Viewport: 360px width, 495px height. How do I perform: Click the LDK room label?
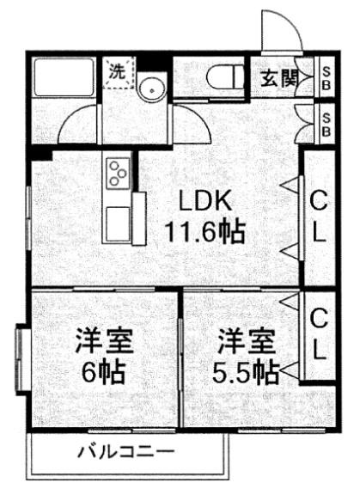205,200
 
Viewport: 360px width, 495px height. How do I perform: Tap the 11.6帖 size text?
205,232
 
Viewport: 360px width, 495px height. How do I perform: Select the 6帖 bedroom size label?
104,371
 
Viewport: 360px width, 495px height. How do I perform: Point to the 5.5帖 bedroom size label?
246,371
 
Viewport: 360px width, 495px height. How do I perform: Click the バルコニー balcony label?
126,452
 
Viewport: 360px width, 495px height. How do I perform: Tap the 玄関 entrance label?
279,77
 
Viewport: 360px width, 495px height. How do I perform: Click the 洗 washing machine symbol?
118,72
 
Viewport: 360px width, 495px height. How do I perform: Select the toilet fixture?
225,77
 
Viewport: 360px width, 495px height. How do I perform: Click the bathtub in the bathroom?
64,77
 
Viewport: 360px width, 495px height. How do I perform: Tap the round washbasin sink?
152,89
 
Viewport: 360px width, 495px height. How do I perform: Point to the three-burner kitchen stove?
119,173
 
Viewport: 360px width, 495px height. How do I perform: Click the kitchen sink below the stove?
119,223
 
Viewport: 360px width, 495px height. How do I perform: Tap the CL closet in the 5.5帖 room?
319,335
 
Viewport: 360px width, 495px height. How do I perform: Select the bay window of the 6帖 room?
22,358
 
